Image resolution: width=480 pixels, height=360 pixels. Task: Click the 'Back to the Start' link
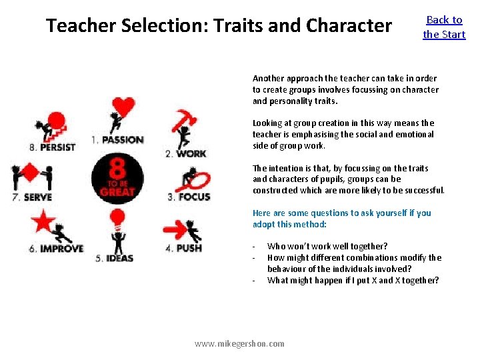[444, 27]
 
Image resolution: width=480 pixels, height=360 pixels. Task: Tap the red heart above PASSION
[123, 107]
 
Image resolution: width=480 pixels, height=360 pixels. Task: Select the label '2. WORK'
[186, 153]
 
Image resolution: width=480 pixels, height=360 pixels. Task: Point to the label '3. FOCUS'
[189, 197]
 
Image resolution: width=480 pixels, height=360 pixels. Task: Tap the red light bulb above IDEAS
[117, 217]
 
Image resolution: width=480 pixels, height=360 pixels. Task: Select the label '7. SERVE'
[31, 197]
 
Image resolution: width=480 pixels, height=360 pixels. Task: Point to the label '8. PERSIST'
[53, 147]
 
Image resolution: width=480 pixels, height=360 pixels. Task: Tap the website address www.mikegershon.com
[239, 344]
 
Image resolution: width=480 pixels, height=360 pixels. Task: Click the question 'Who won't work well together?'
[327, 247]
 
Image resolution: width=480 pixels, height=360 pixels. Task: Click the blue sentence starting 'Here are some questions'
[341, 213]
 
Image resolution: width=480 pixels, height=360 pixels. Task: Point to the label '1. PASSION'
[118, 140]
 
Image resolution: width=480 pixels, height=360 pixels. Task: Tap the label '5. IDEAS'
[115, 258]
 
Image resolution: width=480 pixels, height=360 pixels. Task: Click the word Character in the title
[349, 26]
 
